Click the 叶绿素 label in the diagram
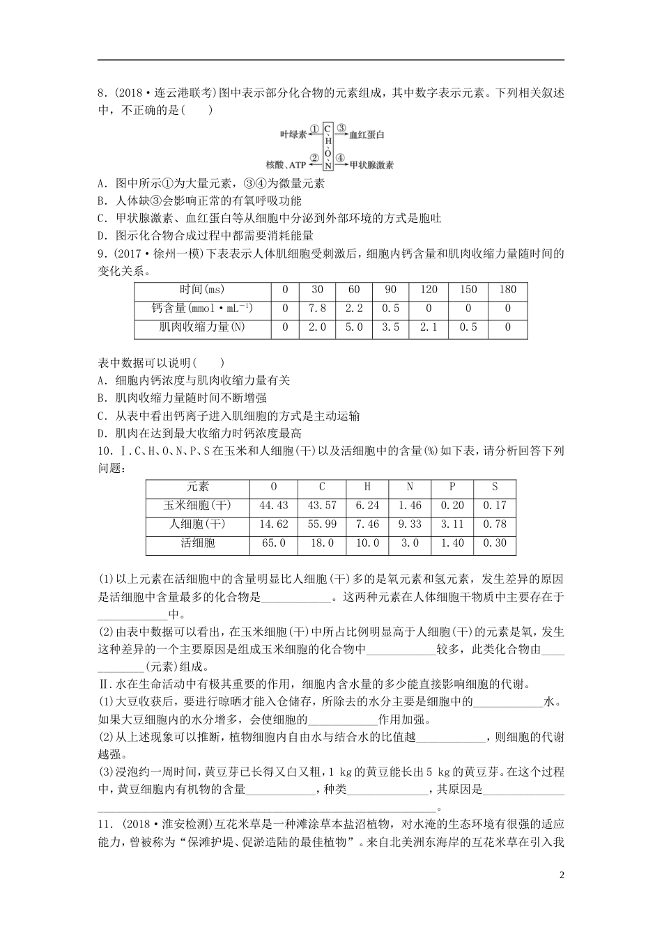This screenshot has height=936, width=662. click(293, 134)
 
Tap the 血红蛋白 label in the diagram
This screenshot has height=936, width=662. click(367, 134)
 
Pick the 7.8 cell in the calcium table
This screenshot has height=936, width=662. click(317, 309)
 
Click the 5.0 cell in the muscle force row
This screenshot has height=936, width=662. click(354, 327)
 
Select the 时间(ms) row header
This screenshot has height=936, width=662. click(202, 290)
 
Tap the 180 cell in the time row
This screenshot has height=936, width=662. click(507, 290)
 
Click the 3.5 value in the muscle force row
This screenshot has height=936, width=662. click(391, 327)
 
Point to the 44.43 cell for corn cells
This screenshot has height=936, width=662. click(273, 506)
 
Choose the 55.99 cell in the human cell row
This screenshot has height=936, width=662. click(321, 524)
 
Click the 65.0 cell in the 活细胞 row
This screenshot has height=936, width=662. click(273, 543)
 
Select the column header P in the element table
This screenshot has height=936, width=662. click(452, 487)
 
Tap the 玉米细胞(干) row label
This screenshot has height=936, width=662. click(197, 506)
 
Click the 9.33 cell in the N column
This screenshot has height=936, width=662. click(410, 524)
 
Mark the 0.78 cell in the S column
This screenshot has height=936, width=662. click(495, 524)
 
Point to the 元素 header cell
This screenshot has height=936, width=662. click(197, 487)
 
